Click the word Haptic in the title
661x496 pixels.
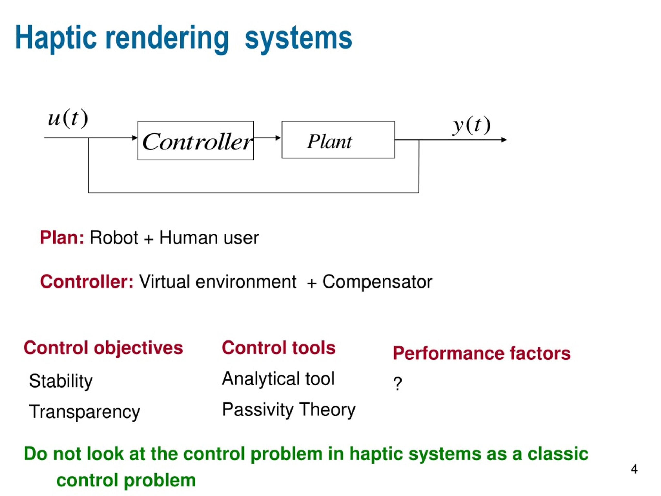coord(56,38)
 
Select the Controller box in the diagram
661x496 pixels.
coord(196,141)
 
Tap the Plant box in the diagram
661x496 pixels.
coord(338,139)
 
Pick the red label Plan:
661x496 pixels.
coord(62,238)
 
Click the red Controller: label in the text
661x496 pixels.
coord(87,282)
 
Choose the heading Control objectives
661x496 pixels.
coord(103,348)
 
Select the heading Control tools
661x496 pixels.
coord(279,348)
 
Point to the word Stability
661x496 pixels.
coord(61,381)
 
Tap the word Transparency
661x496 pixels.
coord(85,412)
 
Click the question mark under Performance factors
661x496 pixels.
coord(397,383)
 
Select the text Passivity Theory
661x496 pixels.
coord(289,410)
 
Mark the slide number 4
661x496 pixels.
coord(634,469)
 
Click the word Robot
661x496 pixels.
coord(114,238)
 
